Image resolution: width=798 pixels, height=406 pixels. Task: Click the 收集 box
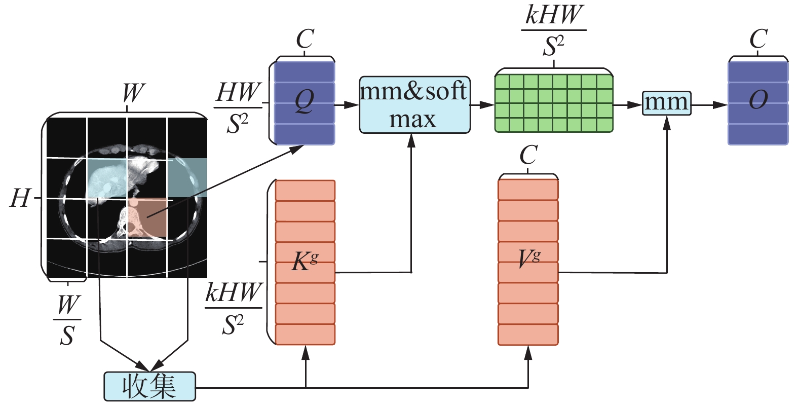point(149,386)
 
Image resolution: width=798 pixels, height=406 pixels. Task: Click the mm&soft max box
point(414,105)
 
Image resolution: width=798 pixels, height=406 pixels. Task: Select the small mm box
point(666,103)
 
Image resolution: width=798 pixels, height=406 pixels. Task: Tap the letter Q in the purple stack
point(305,101)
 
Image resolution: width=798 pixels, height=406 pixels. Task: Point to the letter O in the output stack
point(758,100)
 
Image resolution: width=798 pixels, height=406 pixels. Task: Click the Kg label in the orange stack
point(305,262)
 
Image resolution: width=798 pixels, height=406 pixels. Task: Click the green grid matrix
point(554,103)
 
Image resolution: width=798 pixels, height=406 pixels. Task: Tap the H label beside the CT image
point(20,199)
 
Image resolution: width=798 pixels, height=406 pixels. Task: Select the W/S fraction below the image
point(67,320)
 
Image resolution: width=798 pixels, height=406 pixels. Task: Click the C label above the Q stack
point(305,40)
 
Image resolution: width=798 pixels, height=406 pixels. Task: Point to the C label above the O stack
point(758,40)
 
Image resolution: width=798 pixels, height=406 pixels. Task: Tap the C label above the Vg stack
point(528,155)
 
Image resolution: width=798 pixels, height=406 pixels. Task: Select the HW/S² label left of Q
point(238,107)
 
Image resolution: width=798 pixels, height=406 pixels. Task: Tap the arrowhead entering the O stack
point(721,105)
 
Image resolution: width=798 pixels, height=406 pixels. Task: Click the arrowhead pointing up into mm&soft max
point(411,140)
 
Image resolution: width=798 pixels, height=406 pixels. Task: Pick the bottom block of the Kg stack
point(305,335)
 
